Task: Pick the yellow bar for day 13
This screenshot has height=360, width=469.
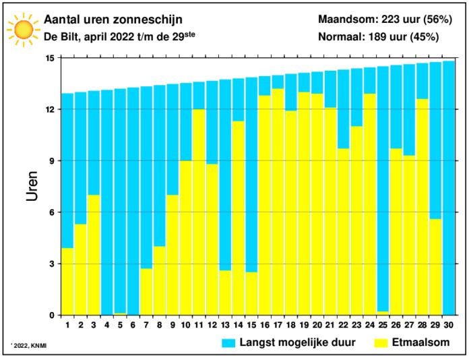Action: coord(225,293)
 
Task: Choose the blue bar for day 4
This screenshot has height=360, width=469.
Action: coord(106,202)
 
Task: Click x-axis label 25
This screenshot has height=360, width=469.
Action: coord(383,325)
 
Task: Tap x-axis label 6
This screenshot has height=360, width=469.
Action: coord(133,325)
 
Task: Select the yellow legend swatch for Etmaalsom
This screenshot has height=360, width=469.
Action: coord(383,344)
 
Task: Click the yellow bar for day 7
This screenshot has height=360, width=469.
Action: coord(146,291)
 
